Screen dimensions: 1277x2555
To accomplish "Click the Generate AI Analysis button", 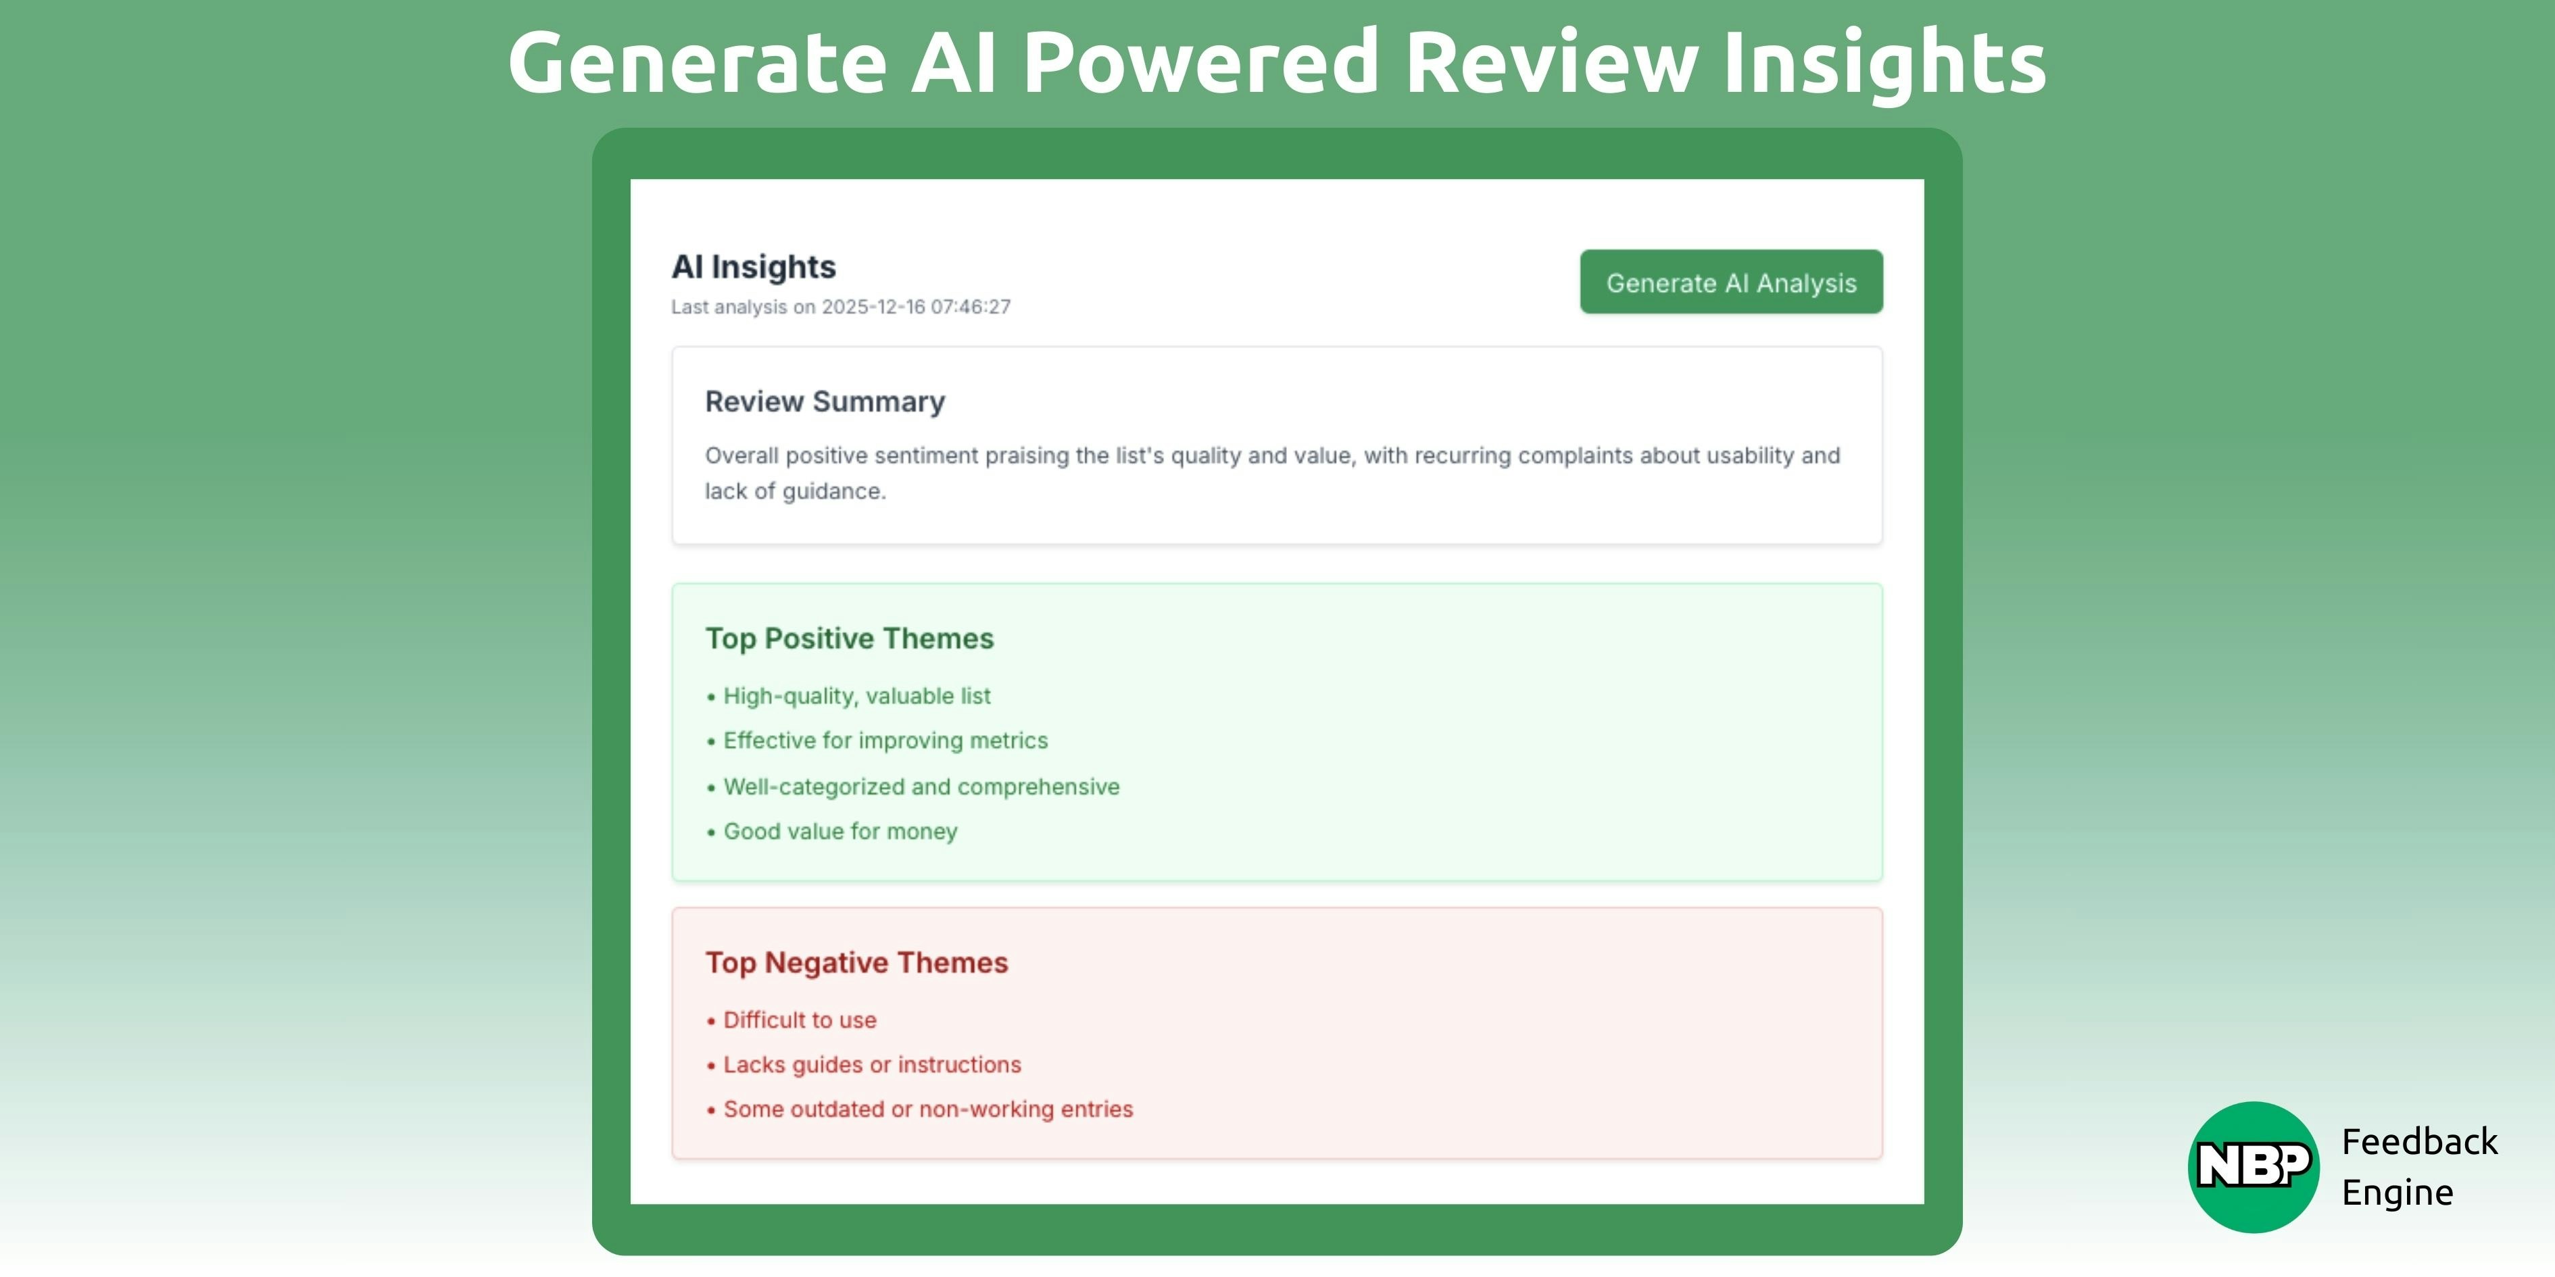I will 1731,282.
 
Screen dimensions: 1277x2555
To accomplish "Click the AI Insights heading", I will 754,267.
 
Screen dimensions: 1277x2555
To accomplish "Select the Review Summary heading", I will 824,401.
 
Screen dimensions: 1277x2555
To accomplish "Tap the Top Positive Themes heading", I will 849,638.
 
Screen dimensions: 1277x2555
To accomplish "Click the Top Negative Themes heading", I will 856,963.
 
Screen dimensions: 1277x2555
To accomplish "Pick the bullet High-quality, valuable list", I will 856,696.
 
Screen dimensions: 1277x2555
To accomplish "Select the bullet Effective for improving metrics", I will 885,741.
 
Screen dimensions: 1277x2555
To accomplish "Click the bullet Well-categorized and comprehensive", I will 921,786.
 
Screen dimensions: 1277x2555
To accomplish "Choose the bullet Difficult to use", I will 800,1020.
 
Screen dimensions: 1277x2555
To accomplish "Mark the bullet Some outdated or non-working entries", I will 927,1109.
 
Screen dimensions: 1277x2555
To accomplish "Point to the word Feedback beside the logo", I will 2419,1142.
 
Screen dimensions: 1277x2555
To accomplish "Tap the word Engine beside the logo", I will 2398,1193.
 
